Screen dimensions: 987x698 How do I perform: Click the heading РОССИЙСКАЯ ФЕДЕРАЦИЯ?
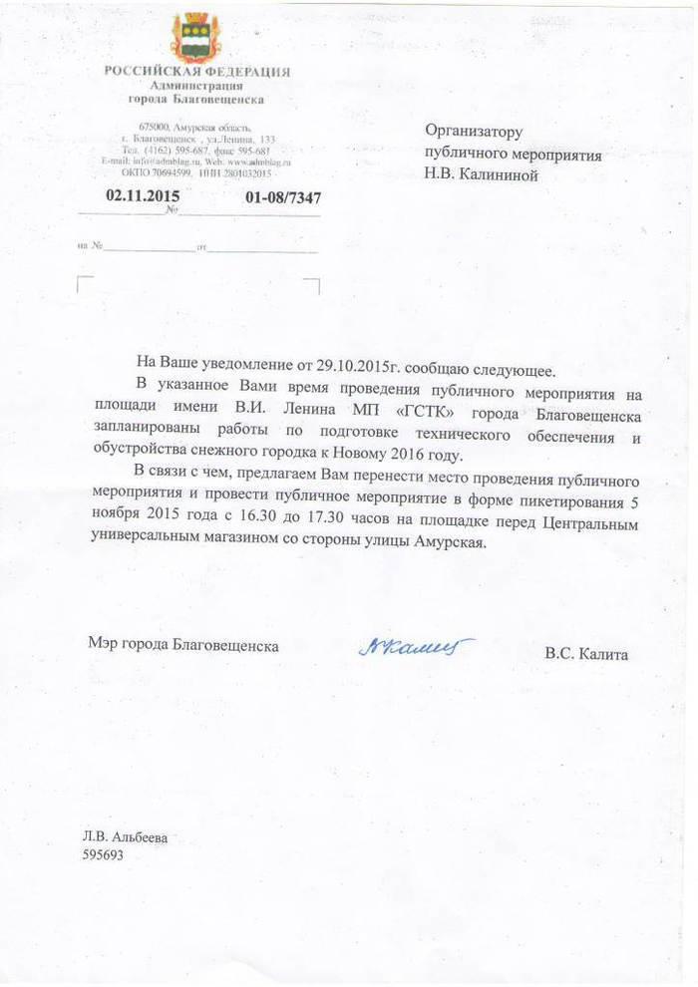pyautogui.click(x=197, y=72)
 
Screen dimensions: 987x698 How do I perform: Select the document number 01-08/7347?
pyautogui.click(x=283, y=197)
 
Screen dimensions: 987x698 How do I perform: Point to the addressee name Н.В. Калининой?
pyautogui.click(x=482, y=176)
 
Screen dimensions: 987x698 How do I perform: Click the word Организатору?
pyautogui.click(x=474, y=132)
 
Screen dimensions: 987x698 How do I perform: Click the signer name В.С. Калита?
pyautogui.click(x=586, y=654)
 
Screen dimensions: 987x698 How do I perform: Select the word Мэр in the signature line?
pyautogui.click(x=102, y=645)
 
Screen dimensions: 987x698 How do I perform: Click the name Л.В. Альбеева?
pyautogui.click(x=125, y=837)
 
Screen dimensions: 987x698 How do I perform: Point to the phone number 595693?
pyautogui.click(x=104, y=855)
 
